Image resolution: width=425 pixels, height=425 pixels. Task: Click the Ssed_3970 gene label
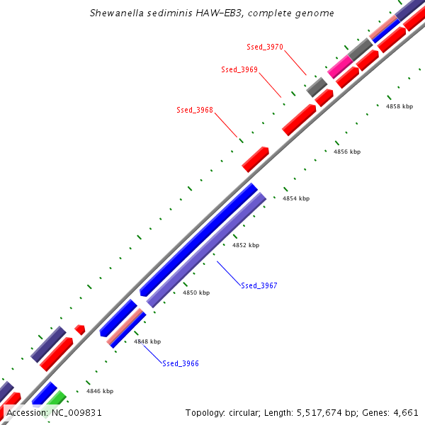pyautogui.click(x=265, y=47)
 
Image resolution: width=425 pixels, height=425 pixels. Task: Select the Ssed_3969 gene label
pyautogui.click(x=239, y=69)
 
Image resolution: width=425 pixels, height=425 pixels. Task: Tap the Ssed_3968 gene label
pyautogui.click(x=195, y=110)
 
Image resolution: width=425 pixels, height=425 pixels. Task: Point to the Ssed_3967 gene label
pyautogui.click(x=259, y=285)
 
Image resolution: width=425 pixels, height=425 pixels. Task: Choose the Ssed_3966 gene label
pyautogui.click(x=181, y=363)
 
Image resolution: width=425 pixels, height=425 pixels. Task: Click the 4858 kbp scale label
pyautogui.click(x=399, y=106)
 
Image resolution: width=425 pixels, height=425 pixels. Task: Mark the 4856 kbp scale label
pyautogui.click(x=347, y=152)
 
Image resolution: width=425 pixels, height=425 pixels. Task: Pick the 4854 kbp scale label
pyautogui.click(x=296, y=198)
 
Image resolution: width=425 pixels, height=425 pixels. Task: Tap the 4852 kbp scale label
pyautogui.click(x=246, y=245)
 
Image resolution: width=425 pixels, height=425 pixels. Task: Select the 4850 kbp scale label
pyautogui.click(x=196, y=293)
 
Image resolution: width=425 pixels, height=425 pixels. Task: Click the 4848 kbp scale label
pyautogui.click(x=147, y=341)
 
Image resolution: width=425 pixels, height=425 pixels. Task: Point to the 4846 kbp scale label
pyautogui.click(x=100, y=390)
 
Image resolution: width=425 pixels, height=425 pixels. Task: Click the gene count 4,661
pyautogui.click(x=405, y=412)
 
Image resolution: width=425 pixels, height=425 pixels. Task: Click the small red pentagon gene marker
pyautogui.click(x=80, y=329)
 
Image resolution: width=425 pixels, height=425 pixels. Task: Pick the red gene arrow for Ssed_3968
pyautogui.click(x=255, y=159)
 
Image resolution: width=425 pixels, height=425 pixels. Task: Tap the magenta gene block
pyautogui.click(x=341, y=67)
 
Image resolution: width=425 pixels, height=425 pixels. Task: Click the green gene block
pyautogui.click(x=57, y=399)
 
